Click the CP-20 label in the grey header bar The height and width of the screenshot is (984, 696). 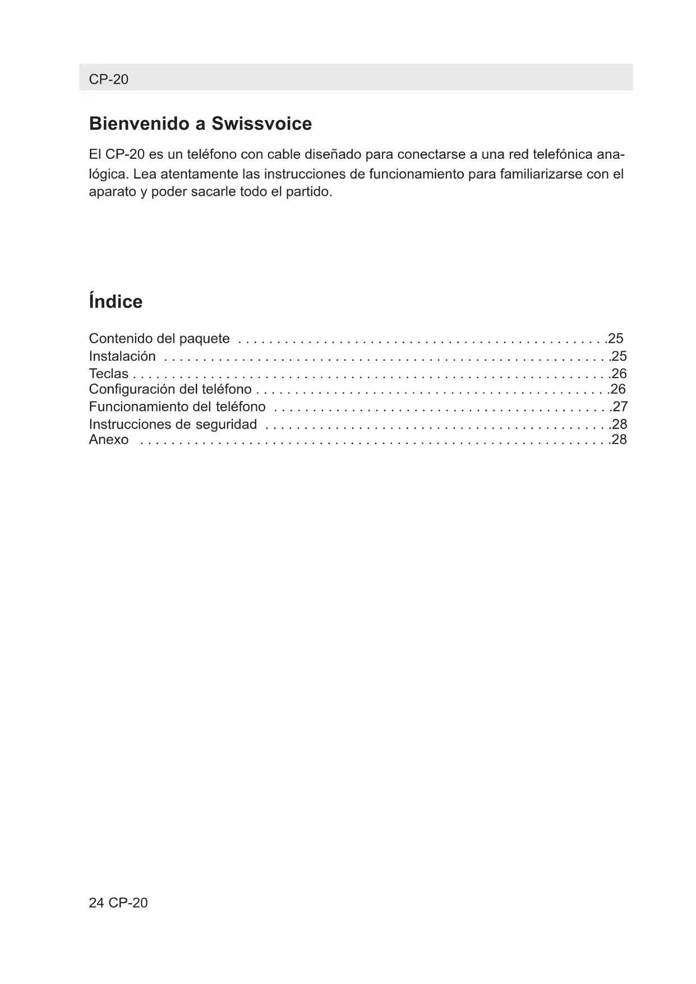108,79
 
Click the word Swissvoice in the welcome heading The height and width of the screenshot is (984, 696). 261,123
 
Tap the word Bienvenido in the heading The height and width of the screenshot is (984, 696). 139,123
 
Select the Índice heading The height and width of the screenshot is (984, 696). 116,301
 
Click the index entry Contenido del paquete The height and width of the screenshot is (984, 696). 159,338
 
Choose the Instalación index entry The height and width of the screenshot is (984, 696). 122,356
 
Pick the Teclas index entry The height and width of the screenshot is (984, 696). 109,374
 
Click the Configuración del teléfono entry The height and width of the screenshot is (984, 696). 170,389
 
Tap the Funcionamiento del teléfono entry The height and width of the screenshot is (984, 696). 177,406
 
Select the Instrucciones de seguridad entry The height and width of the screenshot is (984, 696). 173,424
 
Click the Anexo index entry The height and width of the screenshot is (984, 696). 109,439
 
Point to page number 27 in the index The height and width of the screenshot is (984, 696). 620,406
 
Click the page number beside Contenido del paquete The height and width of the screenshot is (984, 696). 616,338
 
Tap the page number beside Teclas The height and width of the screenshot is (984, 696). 619,374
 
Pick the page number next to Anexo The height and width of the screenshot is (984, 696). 619,439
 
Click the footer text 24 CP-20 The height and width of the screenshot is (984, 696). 118,903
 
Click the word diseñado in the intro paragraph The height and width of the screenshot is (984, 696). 334,154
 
